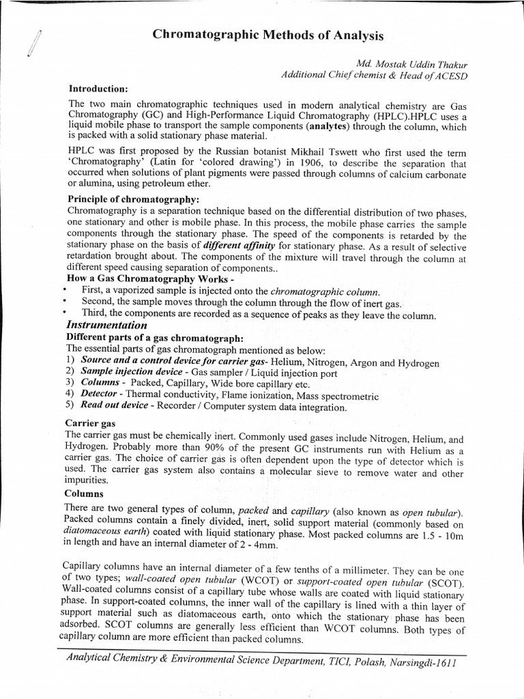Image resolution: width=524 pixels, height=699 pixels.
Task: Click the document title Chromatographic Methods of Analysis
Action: tap(267, 35)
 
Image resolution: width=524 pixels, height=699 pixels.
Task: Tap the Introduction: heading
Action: tap(98, 89)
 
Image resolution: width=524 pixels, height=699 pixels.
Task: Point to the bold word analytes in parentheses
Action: tap(329, 127)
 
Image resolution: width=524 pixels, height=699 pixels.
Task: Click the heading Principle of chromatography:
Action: tap(132, 199)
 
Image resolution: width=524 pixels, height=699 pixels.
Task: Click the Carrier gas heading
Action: tap(89, 423)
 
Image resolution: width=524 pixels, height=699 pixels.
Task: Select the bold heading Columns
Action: tap(84, 493)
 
